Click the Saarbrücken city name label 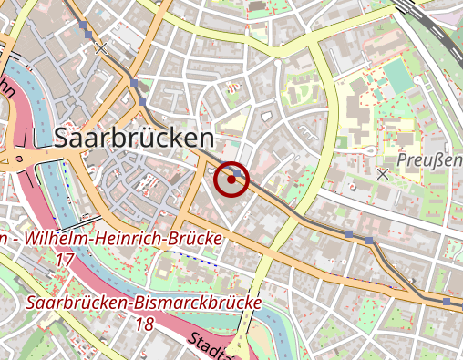134,138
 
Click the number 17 64,260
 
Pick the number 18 143,323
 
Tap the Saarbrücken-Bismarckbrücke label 144,302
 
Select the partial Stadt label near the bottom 209,347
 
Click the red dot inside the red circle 232,180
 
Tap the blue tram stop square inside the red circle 237,171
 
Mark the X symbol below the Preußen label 383,172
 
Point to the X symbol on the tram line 102,48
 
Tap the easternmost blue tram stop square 446,301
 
